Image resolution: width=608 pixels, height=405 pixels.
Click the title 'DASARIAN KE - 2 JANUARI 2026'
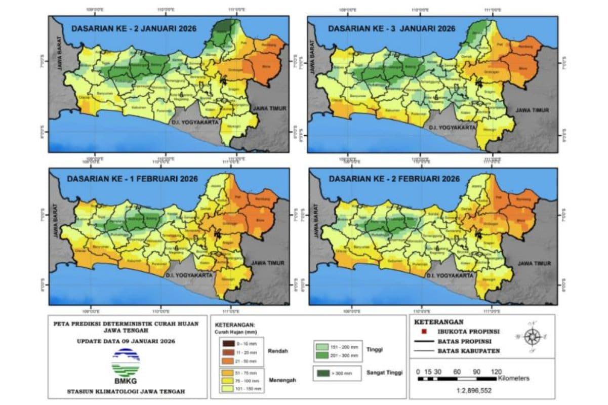click(134, 28)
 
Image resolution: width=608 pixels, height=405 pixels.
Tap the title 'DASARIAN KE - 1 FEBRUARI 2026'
click(134, 179)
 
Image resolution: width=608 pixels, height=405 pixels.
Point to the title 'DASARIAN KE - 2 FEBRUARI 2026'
click(394, 179)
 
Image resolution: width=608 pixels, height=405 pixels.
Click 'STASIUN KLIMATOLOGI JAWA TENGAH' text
click(126, 391)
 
